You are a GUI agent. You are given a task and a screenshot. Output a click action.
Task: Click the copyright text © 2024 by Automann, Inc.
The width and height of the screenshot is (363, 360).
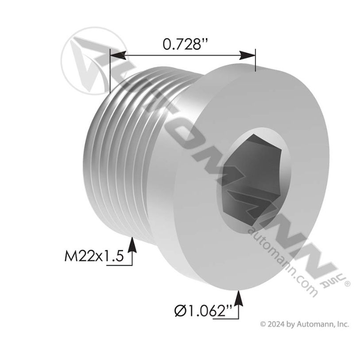coord(304,324)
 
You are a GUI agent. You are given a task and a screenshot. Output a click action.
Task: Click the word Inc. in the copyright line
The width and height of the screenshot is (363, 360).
coord(343,324)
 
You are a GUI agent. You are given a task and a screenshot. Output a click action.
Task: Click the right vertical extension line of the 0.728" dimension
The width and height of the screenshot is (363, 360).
coord(255,62)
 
